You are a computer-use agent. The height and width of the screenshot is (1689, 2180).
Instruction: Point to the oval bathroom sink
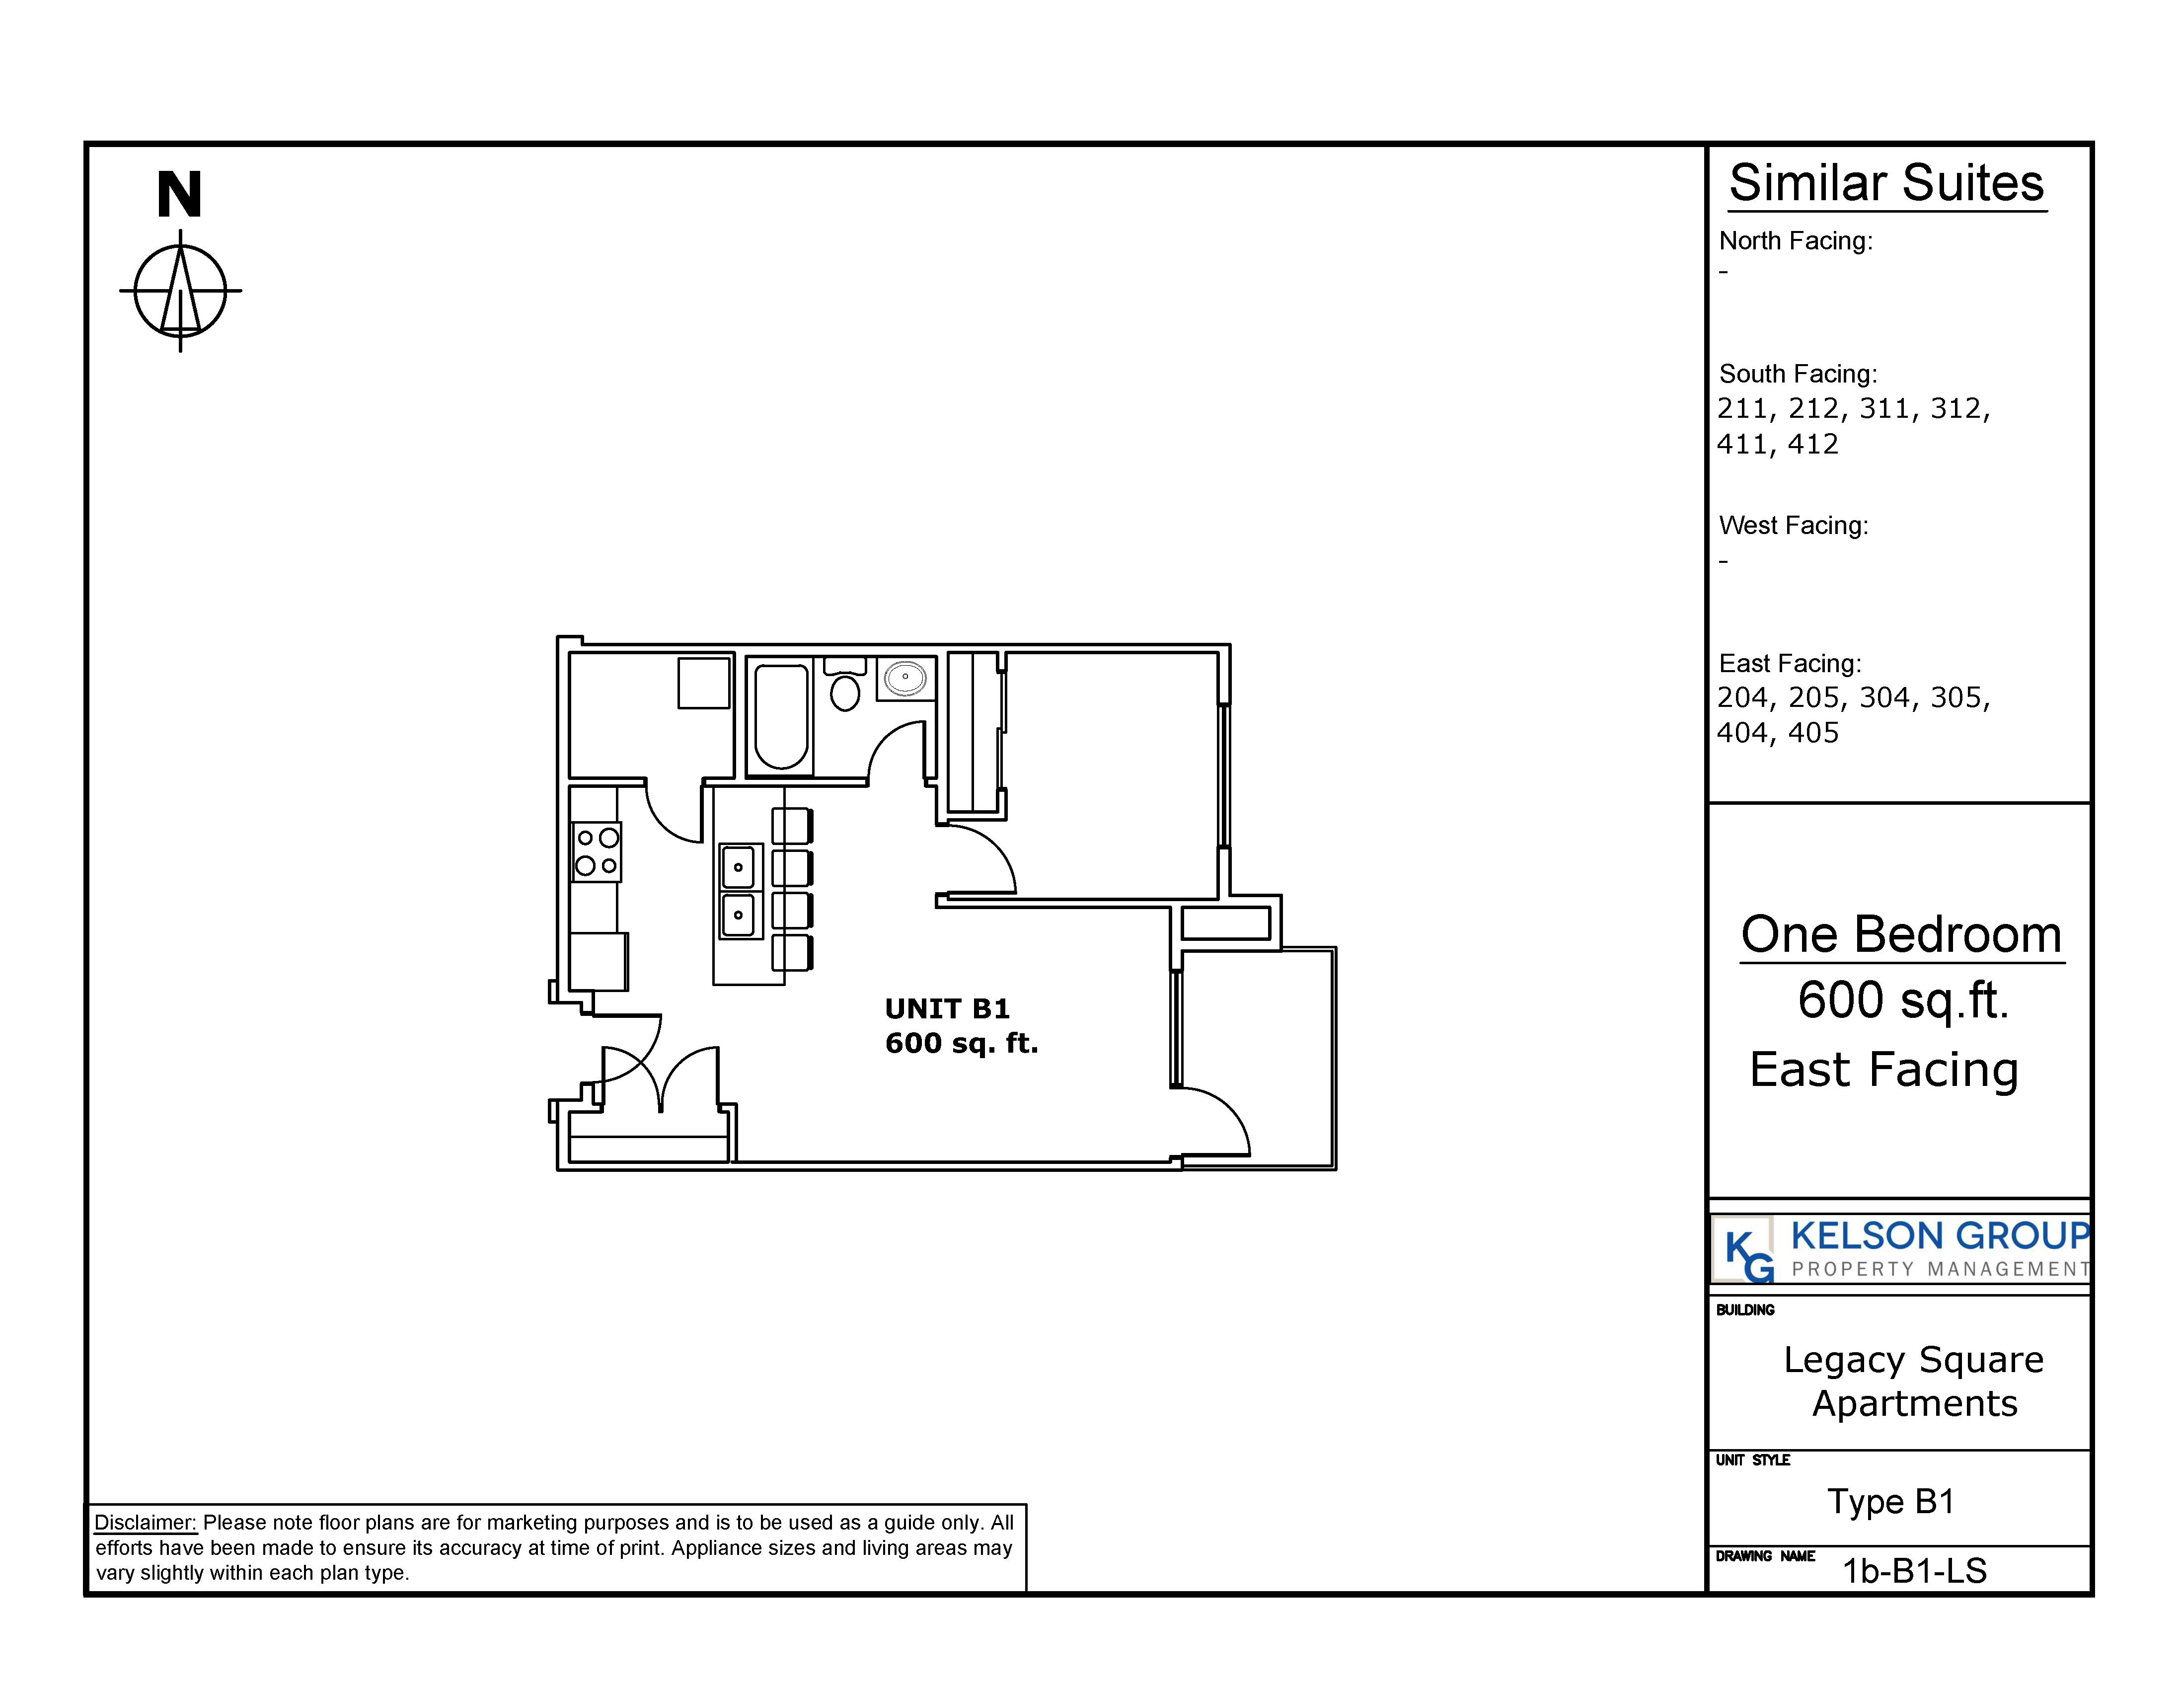pos(905,678)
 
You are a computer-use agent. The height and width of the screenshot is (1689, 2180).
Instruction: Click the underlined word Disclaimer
pos(146,1522)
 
